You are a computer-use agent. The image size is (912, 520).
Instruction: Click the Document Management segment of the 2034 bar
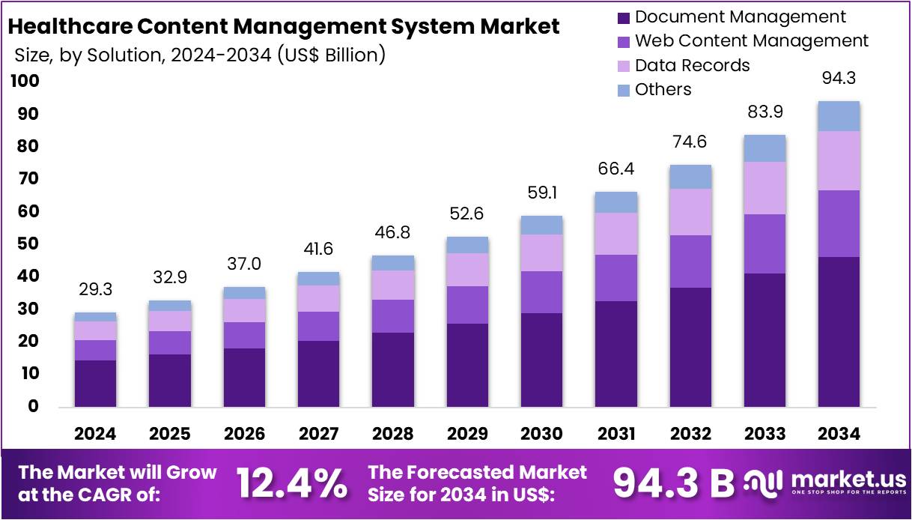pyautogui.click(x=838, y=331)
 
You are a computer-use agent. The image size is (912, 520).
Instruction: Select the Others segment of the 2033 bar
pyautogui.click(x=764, y=148)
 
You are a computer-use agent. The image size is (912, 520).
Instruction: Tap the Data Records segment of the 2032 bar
pyautogui.click(x=690, y=212)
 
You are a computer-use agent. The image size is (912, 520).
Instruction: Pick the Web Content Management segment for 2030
pyautogui.click(x=541, y=292)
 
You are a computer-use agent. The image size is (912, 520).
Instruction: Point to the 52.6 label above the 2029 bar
pyautogui.click(x=467, y=214)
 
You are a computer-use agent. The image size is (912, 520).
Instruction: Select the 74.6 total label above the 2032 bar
pyautogui.click(x=690, y=142)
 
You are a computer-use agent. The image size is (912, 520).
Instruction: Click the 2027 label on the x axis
pyautogui.click(x=318, y=434)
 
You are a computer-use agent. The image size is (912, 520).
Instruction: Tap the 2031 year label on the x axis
pyautogui.click(x=615, y=434)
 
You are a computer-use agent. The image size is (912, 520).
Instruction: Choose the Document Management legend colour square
pyautogui.click(x=624, y=17)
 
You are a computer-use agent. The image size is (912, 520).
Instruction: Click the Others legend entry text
pyautogui.click(x=663, y=90)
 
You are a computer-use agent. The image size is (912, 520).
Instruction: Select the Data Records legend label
pyautogui.click(x=692, y=65)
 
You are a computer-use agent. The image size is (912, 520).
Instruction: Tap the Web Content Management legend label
pyautogui.click(x=751, y=41)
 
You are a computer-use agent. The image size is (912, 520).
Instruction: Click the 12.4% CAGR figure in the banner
pyautogui.click(x=292, y=483)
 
